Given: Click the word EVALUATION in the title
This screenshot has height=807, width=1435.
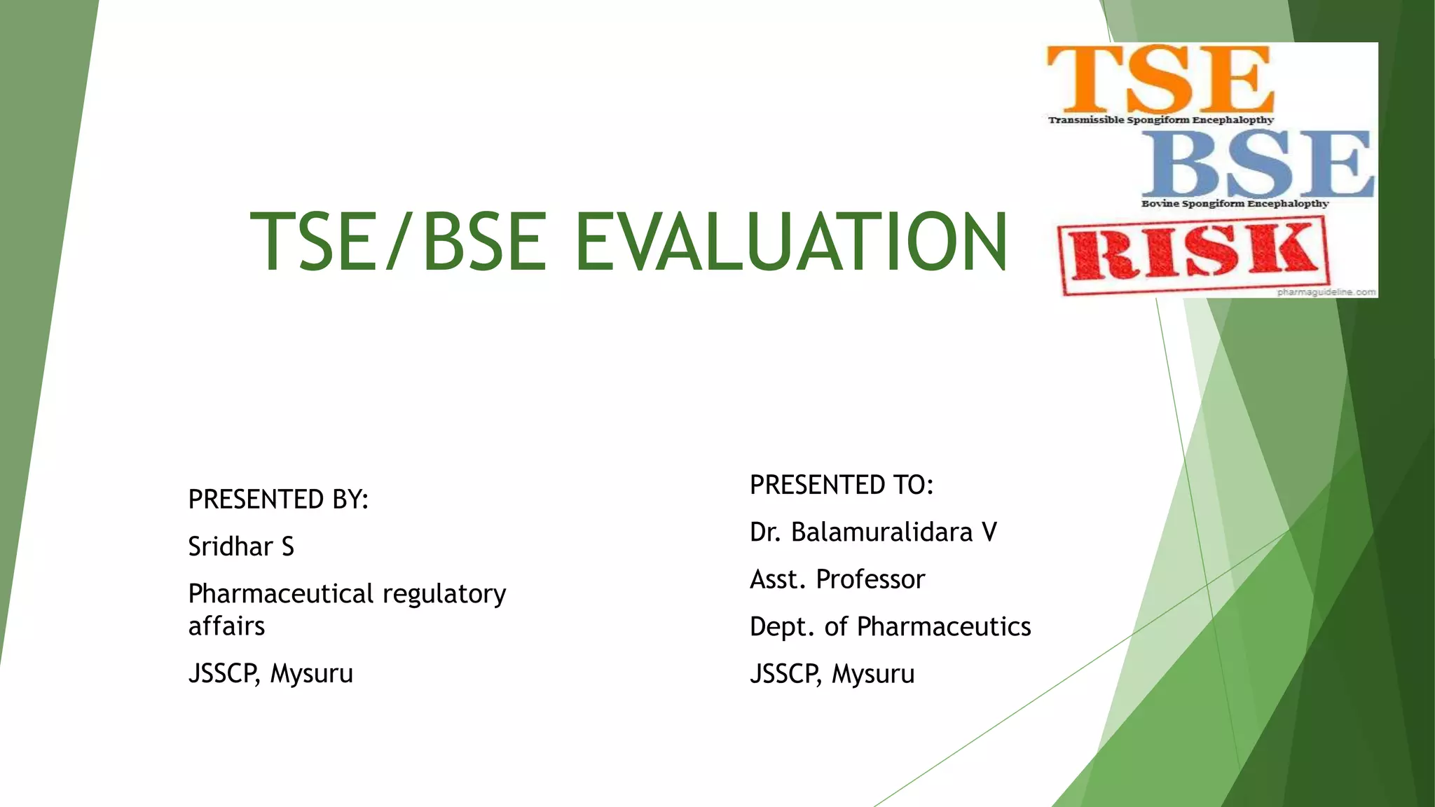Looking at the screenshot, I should click(790, 242).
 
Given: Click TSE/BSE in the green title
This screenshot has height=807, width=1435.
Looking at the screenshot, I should click(398, 242).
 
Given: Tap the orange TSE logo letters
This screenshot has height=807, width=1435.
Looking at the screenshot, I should click(1159, 78).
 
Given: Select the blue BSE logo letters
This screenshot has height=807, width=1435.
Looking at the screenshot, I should click(1257, 163).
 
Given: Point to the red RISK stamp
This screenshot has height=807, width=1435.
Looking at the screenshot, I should click(1193, 253).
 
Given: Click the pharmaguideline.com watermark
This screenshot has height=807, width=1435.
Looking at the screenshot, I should click(1326, 292).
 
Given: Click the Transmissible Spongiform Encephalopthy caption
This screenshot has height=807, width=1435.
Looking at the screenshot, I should click(1160, 120).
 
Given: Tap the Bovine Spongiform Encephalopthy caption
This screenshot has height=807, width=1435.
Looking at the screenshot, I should click(1235, 204).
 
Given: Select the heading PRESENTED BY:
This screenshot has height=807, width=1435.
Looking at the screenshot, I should click(278, 499).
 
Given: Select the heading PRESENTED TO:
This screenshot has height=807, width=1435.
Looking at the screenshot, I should click(842, 485).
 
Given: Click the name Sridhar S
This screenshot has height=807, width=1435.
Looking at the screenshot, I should click(241, 546).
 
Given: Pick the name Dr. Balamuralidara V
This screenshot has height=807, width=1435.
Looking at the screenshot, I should click(873, 532).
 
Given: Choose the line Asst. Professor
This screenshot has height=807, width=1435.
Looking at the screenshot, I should click(837, 579).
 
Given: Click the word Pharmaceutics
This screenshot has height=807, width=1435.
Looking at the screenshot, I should click(944, 626).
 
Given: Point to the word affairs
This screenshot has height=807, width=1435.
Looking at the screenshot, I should click(226, 626).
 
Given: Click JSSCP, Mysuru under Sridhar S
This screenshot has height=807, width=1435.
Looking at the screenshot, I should click(270, 673).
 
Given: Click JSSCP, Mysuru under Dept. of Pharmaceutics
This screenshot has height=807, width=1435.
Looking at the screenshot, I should click(832, 674).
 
